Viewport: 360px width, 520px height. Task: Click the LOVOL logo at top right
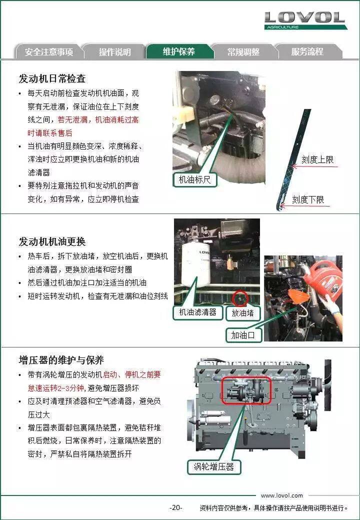point(305,20)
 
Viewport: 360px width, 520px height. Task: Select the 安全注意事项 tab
point(48,51)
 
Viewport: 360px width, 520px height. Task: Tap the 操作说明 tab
point(114,51)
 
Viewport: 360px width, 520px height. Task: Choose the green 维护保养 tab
point(179,51)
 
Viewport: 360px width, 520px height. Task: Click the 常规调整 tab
point(243,51)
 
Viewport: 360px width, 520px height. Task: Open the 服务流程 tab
point(307,51)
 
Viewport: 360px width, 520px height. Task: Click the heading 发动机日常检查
point(52,78)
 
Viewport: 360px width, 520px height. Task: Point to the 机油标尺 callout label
point(194,179)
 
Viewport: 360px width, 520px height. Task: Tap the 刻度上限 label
point(317,159)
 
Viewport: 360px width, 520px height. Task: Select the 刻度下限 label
point(308,199)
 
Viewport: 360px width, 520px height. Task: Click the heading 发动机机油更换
point(52,242)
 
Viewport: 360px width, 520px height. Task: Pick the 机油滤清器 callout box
point(197,312)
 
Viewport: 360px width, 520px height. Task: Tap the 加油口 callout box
point(243,335)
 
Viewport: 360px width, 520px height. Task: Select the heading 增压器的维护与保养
point(61,360)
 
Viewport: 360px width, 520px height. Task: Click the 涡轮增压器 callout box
point(214,467)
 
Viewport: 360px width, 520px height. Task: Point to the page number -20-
point(175,507)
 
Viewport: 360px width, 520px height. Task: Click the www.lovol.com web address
point(282,495)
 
